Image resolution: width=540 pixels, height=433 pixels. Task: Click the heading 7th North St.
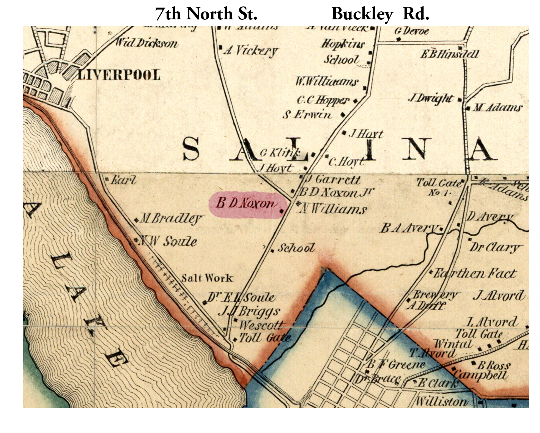[206, 14]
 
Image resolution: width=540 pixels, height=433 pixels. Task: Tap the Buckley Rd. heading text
[380, 14]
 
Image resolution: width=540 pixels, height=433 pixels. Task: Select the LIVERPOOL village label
[119, 75]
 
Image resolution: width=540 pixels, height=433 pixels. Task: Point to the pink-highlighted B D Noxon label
[246, 204]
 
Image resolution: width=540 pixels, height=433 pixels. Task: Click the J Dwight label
[431, 98]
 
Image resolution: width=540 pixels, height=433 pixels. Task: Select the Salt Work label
[207, 278]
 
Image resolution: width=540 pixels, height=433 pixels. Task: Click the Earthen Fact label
[475, 273]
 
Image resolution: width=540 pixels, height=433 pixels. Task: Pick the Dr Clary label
[494, 247]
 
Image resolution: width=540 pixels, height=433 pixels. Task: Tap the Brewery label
[435, 295]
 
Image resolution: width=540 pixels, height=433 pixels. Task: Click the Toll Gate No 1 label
[439, 187]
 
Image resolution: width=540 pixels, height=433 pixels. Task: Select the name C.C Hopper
[323, 100]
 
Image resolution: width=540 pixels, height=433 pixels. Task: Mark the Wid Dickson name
[146, 43]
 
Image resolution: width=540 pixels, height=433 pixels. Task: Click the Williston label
[441, 401]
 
